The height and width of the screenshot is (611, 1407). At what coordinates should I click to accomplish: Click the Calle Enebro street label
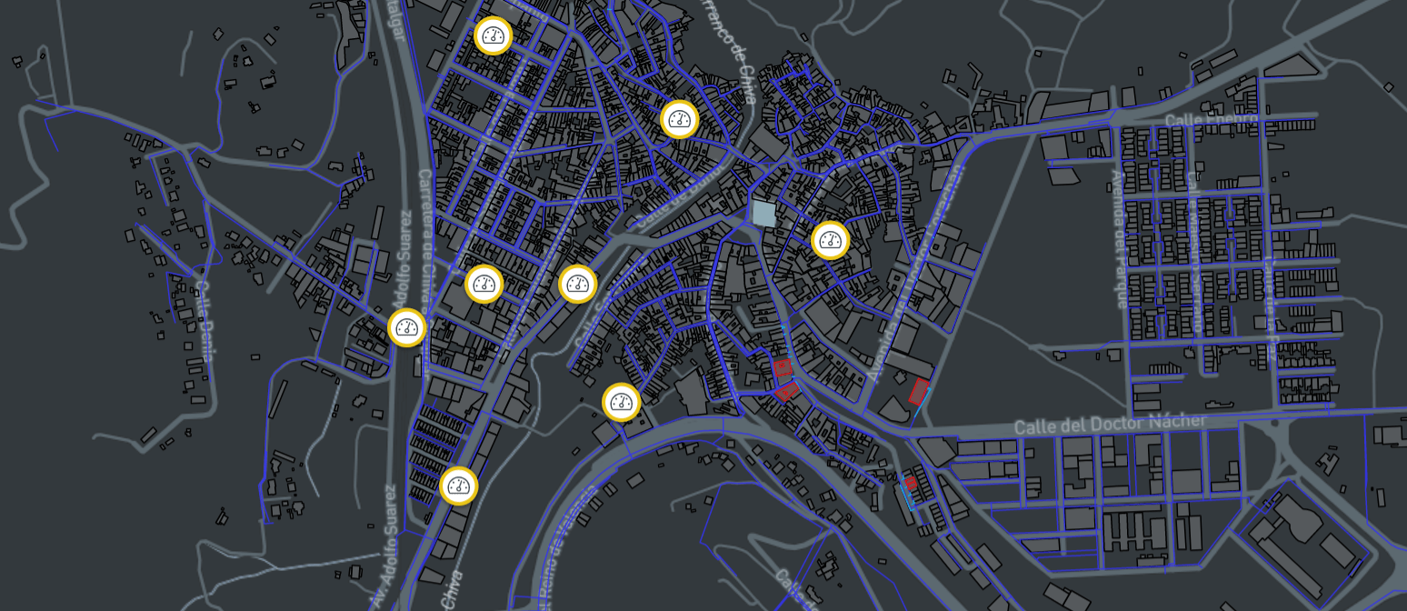click(1211, 120)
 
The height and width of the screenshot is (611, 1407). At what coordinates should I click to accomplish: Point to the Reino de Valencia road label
click(565, 546)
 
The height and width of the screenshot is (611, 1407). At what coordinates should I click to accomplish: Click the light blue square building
click(763, 214)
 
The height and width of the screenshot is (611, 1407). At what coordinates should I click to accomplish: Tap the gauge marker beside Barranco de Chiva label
click(679, 119)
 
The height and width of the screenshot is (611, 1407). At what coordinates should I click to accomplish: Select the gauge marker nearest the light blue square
click(830, 241)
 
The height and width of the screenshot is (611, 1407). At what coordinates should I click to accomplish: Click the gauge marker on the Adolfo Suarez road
click(406, 327)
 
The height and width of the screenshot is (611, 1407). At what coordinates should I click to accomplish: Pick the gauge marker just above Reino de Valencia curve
click(622, 402)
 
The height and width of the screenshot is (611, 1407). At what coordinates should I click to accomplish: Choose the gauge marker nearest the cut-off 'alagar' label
click(493, 35)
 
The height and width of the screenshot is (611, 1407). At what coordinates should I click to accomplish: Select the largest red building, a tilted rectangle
click(919, 392)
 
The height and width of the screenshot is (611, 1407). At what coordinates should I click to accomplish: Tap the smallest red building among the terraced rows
click(910, 483)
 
